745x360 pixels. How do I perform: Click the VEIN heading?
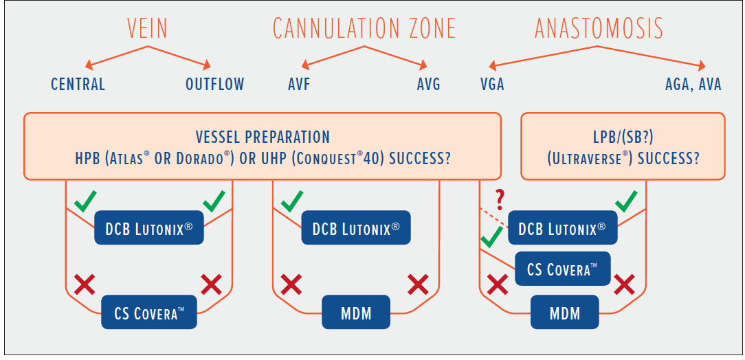(147, 28)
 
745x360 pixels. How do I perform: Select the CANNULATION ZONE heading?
(364, 28)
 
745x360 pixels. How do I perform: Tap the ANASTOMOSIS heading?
(599, 28)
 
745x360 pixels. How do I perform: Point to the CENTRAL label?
(78, 85)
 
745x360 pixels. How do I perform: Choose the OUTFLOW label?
(214, 85)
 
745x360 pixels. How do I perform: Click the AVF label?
(299, 85)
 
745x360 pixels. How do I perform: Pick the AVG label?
(429, 85)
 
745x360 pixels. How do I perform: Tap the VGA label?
(492, 85)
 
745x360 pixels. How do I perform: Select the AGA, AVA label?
(693, 85)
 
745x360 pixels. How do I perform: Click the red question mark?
(500, 200)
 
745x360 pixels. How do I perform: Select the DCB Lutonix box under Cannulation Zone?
(356, 227)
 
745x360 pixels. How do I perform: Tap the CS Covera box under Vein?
(148, 311)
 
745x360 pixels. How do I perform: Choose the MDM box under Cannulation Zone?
(356, 311)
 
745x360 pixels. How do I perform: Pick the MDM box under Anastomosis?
(564, 311)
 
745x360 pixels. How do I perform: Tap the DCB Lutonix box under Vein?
(148, 227)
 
